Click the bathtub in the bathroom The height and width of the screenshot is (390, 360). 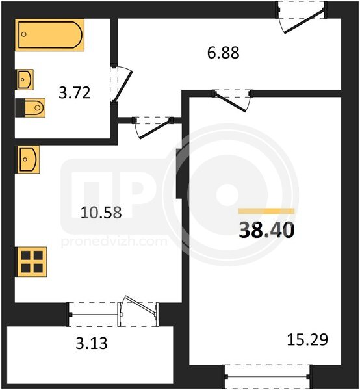pyautogui.click(x=50, y=35)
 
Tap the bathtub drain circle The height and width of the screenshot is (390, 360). pyautogui.click(x=24, y=34)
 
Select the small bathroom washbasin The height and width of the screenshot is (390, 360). pyautogui.click(x=25, y=79)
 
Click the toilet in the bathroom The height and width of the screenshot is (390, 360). pyautogui.click(x=31, y=108)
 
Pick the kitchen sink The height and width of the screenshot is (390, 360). pyautogui.click(x=27, y=159)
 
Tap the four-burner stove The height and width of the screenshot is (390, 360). pyautogui.click(x=31, y=262)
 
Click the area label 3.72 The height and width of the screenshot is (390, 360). pyautogui.click(x=75, y=92)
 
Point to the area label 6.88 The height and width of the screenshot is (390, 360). pyautogui.click(x=224, y=53)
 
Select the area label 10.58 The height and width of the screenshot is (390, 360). pyautogui.click(x=101, y=213)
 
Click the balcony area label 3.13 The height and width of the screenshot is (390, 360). pyautogui.click(x=92, y=343)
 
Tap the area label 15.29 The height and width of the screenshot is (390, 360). pyautogui.click(x=307, y=340)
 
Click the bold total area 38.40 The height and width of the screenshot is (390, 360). pyautogui.click(x=266, y=230)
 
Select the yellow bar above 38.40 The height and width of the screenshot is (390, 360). pyautogui.click(x=266, y=211)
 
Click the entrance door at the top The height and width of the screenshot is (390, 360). pyautogui.click(x=302, y=17)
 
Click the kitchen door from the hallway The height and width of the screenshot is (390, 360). pyautogui.click(x=153, y=127)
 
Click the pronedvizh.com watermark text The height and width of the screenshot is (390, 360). pyautogui.click(x=114, y=242)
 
